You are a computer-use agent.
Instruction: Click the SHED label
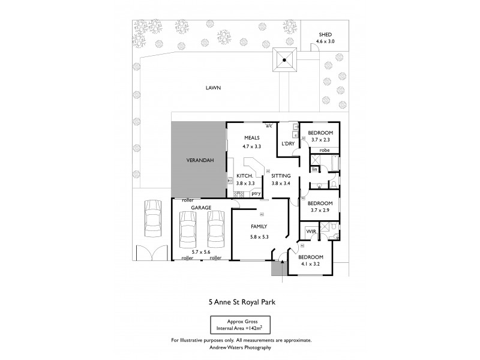324,35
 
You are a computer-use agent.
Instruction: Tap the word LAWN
213,88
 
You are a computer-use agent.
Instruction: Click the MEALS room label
244,137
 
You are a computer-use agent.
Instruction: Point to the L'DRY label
288,143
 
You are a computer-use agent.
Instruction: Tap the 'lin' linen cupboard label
314,170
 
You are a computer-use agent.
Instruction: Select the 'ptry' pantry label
255,194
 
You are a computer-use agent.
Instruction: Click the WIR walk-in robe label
310,231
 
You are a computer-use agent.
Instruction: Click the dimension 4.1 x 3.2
310,263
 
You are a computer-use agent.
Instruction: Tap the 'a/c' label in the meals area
269,126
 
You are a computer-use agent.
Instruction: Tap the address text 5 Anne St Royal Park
240,304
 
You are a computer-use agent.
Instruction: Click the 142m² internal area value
257,329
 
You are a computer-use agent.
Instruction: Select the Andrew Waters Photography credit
240,347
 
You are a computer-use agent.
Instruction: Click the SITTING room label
281,176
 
